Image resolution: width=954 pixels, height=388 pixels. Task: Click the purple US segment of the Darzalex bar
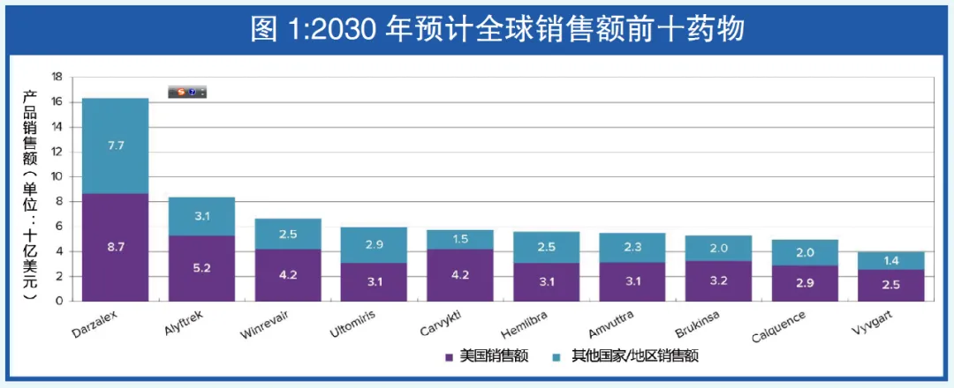(115, 247)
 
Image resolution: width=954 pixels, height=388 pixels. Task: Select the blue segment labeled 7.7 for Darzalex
(115, 145)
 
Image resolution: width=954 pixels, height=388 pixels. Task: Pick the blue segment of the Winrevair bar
(288, 234)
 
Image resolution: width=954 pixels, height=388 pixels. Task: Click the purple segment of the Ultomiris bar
(374, 281)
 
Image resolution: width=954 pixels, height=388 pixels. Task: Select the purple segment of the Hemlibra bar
(547, 281)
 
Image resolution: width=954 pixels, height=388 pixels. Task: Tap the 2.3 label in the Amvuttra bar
(632, 249)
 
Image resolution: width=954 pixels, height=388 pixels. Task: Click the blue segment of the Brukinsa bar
(719, 248)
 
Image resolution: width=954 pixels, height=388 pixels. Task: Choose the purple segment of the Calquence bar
(805, 282)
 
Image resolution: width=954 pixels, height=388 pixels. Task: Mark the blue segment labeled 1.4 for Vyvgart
(891, 261)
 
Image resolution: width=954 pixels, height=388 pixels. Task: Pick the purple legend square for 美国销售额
(450, 357)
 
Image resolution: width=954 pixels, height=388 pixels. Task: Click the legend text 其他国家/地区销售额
(632, 357)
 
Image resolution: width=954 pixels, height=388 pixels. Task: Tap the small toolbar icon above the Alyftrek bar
(187, 92)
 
